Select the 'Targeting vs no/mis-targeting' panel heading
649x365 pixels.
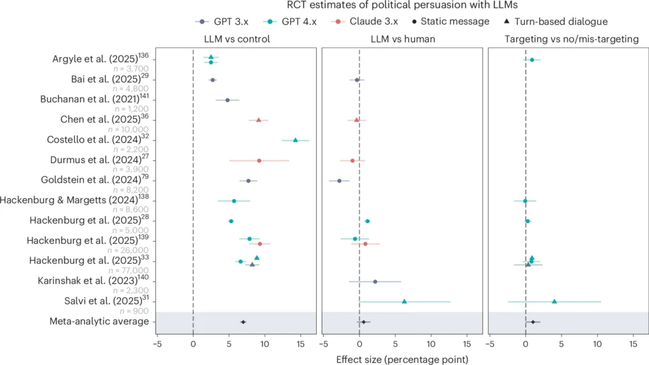[567, 39]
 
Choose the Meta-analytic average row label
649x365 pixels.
[99, 321]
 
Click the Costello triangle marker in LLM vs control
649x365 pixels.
[295, 140]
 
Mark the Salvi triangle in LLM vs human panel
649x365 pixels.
[404, 302]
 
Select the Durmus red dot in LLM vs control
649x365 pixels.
[259, 160]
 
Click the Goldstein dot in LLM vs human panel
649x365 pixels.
[339, 181]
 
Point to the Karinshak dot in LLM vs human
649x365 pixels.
[375, 281]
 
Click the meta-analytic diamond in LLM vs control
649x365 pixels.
[243, 322]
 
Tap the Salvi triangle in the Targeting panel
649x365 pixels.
[554, 302]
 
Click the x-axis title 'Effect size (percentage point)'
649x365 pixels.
[402, 359]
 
